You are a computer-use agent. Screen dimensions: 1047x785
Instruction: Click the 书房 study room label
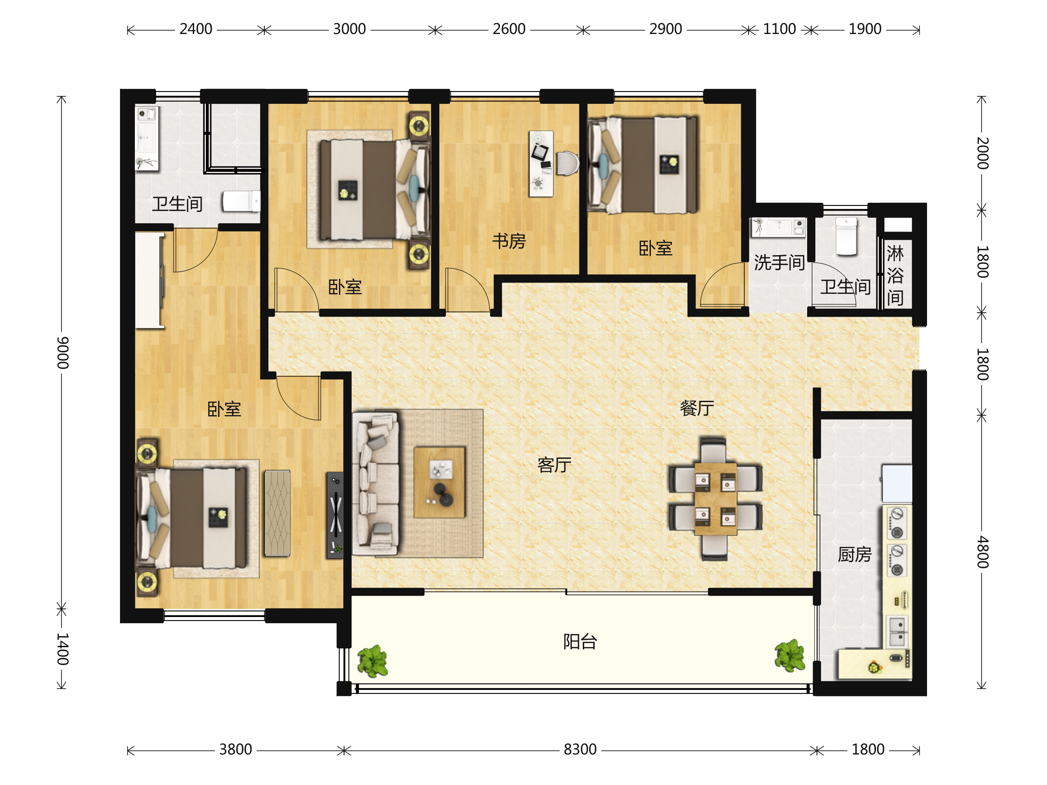click(x=509, y=241)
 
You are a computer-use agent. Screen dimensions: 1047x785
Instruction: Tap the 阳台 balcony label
click(x=580, y=642)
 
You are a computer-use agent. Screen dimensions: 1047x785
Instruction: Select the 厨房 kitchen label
click(x=854, y=554)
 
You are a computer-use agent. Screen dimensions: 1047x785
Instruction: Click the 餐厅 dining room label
click(x=697, y=407)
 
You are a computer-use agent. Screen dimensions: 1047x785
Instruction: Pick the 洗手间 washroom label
click(x=779, y=262)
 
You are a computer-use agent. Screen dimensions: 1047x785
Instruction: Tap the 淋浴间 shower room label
click(x=895, y=275)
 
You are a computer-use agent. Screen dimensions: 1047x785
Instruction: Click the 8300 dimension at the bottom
click(x=580, y=750)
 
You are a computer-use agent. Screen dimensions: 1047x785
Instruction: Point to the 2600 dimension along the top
click(x=509, y=29)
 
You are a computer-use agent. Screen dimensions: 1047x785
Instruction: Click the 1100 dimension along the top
click(x=779, y=29)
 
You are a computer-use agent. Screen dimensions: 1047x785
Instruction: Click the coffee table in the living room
click(x=439, y=482)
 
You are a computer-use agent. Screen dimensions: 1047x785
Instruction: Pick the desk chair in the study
click(x=568, y=163)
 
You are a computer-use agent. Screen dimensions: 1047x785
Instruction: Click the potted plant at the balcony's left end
click(x=373, y=661)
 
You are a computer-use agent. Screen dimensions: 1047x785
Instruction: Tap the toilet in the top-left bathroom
click(x=241, y=201)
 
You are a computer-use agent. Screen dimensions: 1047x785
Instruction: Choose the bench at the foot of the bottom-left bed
click(x=277, y=513)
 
